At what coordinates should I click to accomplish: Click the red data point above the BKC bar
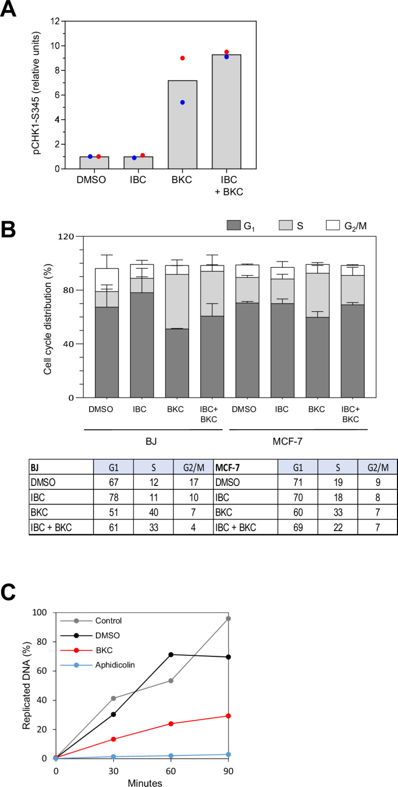coord(183,58)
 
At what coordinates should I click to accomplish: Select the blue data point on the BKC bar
coord(183,102)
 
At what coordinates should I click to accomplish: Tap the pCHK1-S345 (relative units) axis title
coord(38,95)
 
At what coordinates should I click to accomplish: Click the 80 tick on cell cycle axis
coord(74,291)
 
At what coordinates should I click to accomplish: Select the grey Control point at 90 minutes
coord(229,618)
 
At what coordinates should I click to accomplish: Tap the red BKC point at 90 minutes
coord(229,716)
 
